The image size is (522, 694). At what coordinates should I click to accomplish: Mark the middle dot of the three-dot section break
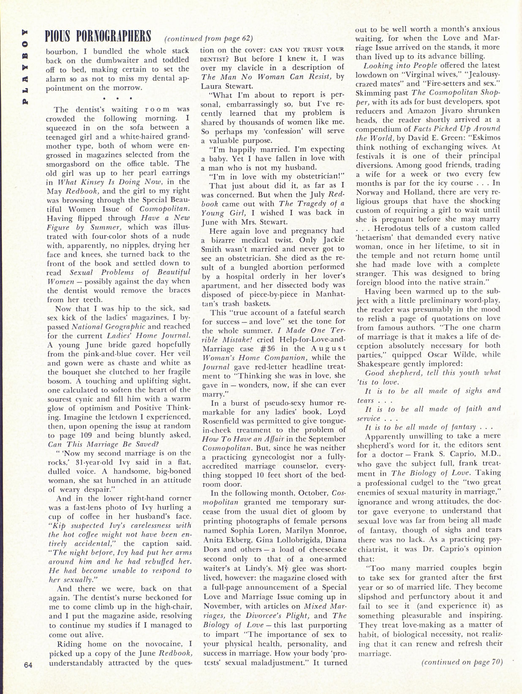[118, 98]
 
